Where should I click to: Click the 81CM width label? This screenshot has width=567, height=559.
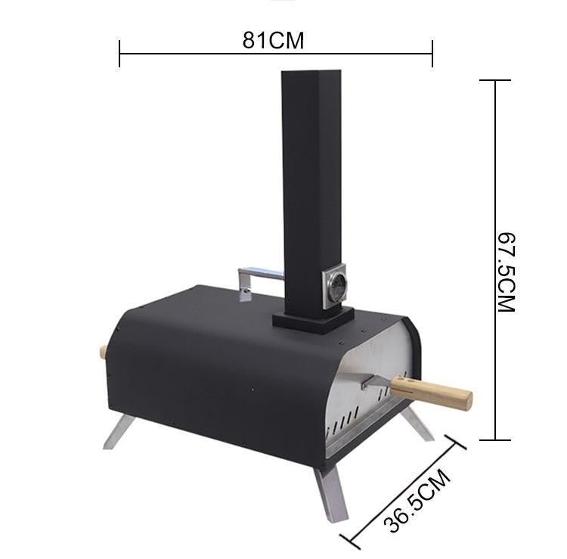coord(273,40)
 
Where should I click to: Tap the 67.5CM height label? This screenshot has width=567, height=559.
coord(507,272)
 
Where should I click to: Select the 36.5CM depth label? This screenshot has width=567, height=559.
coord(417,500)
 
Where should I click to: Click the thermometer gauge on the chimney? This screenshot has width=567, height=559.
coord(334,286)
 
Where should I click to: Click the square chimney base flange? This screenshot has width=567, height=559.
coord(313,319)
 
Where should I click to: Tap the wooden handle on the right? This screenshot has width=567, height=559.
coord(431,391)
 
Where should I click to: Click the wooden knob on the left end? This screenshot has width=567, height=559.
coord(103,353)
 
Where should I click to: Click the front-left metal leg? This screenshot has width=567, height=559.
coord(119,432)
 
